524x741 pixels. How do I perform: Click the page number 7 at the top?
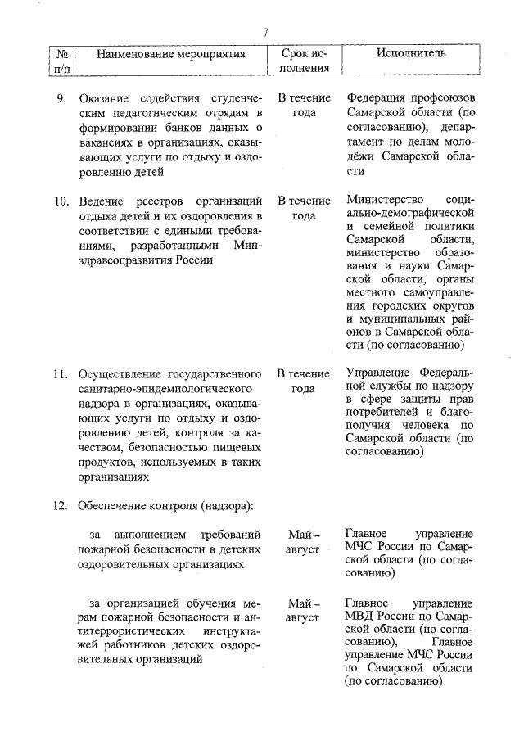pos(265,32)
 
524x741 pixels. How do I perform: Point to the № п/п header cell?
pos(61,61)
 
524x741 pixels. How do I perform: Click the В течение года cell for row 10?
pos(303,209)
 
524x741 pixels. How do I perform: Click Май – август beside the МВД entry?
pos(303,610)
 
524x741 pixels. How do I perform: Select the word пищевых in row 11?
pos(239,448)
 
